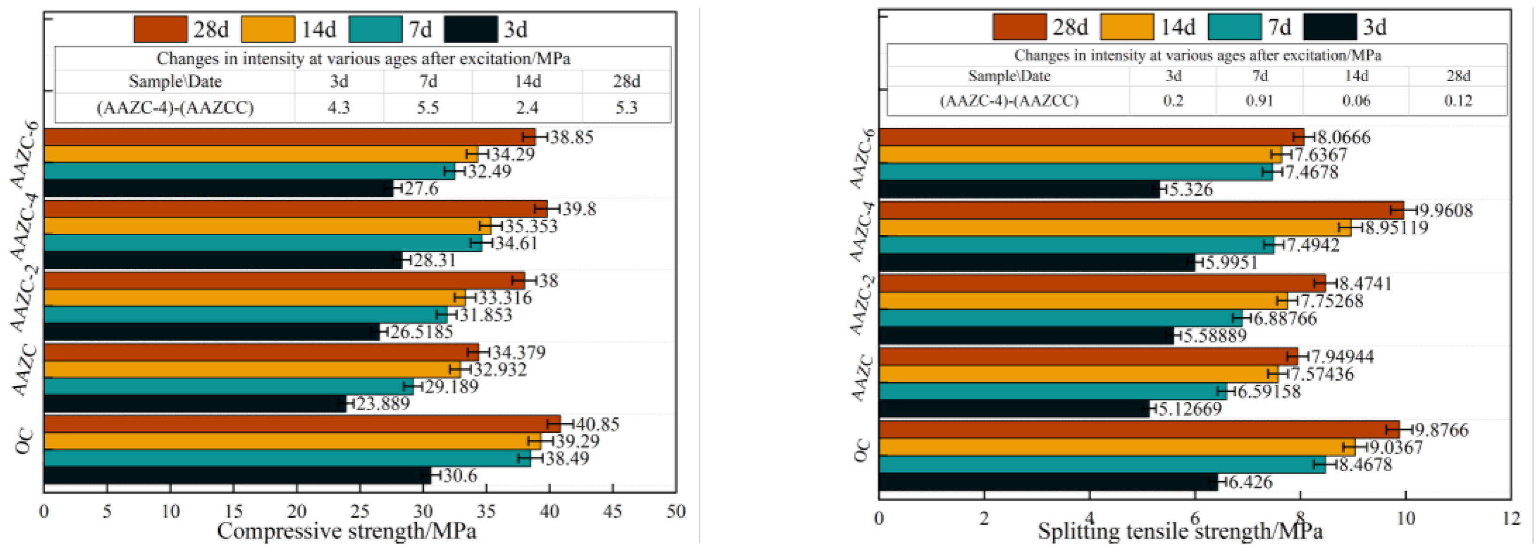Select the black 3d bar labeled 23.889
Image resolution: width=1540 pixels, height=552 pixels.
pos(194,404)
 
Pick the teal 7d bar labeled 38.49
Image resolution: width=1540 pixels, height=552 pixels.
pos(287,459)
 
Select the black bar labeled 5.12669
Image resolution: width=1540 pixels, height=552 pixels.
pos(1013,409)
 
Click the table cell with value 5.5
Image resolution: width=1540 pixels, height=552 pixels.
pos(428,107)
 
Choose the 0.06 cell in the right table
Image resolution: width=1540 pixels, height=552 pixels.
pos(1356,100)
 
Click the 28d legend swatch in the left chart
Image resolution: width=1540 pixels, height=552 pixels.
pos(160,29)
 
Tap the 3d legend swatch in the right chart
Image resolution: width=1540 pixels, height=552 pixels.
pos(1330,27)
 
